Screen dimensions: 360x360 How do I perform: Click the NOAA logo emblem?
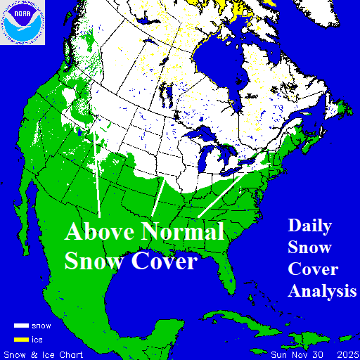pyautogui.click(x=22, y=22)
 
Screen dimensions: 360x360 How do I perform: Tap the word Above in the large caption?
pyautogui.click(x=101, y=232)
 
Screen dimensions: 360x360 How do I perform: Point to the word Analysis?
pyautogui.click(x=321, y=290)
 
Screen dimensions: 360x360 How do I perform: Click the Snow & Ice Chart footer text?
pyautogui.click(x=44, y=354)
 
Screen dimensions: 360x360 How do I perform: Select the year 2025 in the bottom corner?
pyautogui.click(x=345, y=354)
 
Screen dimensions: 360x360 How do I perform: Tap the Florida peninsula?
pyautogui.click(x=226, y=274)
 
